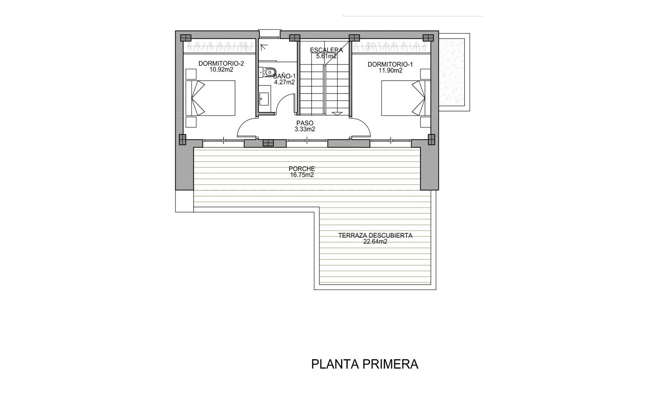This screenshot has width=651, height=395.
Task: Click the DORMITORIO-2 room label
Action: [221, 63]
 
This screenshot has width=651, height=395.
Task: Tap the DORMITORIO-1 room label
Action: [390, 64]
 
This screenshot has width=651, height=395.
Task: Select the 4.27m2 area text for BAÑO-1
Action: [284, 82]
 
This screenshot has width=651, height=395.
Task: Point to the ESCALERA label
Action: [327, 50]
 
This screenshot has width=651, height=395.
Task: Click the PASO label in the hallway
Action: [305, 123]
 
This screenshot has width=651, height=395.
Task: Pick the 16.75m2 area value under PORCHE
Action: [302, 175]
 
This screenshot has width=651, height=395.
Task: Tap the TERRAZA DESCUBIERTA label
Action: [375, 235]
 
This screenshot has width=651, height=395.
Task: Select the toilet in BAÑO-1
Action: [267, 72]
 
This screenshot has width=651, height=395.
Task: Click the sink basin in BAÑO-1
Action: [264, 99]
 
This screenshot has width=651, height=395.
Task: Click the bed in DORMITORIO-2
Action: [210, 98]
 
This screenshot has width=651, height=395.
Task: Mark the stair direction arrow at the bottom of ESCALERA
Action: [337, 113]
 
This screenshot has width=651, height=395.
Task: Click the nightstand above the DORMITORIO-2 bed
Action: [191, 74]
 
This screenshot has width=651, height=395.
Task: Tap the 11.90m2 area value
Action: [391, 70]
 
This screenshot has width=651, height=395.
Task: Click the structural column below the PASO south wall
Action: [268, 143]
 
